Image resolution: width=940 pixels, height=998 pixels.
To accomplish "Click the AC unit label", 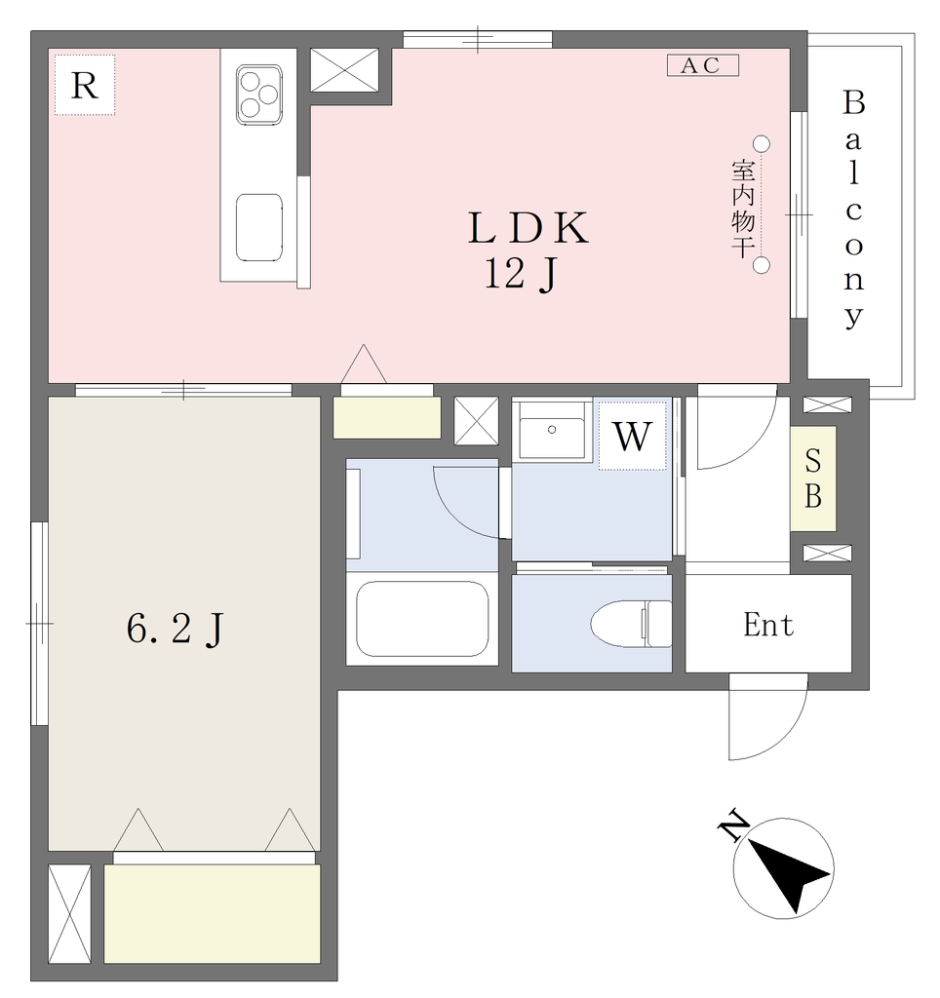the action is tap(702, 65).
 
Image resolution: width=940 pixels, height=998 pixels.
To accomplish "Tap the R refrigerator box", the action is tap(85, 85).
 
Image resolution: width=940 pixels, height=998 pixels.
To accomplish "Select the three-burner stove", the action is tap(259, 95).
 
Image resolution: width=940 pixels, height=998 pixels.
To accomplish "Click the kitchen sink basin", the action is tap(259, 227).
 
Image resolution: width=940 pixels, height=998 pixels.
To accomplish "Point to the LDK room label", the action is tap(528, 228).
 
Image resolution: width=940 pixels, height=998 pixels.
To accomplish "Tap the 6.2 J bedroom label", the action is tap(176, 630).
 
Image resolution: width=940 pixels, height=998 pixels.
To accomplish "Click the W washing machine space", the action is tap(633, 436).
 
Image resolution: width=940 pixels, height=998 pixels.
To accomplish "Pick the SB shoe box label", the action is tap(813, 479).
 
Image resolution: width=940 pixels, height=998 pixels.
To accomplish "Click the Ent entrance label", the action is tap(768, 625).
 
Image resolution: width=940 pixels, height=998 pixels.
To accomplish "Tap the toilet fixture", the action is tap(631, 624).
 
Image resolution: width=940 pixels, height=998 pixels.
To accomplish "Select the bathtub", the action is tap(422, 619).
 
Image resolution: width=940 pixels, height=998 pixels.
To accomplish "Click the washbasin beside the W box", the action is tap(552, 430).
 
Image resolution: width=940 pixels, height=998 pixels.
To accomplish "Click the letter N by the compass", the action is tap(733, 825).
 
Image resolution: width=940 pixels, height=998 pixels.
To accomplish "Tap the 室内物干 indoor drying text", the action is tap(743, 210).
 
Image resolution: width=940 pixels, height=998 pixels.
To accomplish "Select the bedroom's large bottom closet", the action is tap(212, 912).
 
